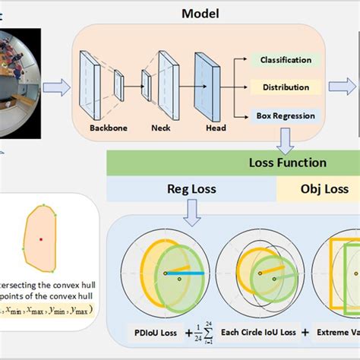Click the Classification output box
tap(286, 59)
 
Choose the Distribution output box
tap(285, 87)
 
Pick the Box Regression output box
tap(285, 115)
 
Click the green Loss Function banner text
tap(288, 163)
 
